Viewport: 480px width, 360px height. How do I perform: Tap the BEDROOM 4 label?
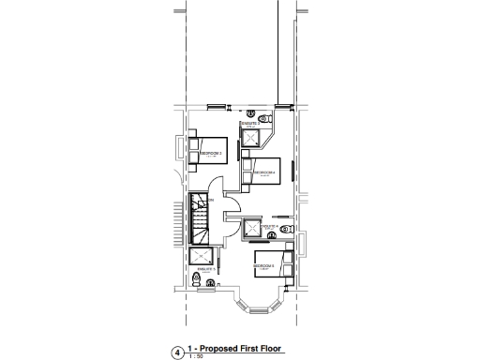point(264,172)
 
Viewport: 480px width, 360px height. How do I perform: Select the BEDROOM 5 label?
point(263,266)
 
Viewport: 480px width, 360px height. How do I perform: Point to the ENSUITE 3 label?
point(249,124)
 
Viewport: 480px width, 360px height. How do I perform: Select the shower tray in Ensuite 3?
point(252,139)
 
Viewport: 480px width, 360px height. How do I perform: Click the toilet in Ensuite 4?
point(287,229)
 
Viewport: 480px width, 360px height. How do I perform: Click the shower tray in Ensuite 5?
point(201,258)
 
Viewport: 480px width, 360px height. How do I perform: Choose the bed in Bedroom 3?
point(193,150)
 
